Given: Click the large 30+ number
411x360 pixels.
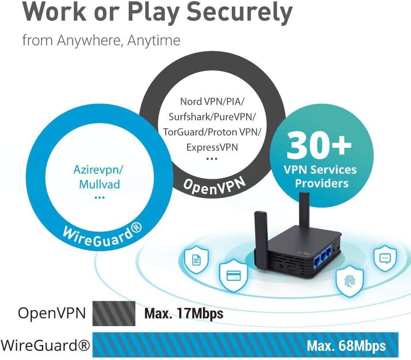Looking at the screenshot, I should pyautogui.click(x=319, y=145).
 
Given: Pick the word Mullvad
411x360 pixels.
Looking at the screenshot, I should pyautogui.click(x=99, y=184).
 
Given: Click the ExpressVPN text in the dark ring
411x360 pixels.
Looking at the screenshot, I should pyautogui.click(x=212, y=147).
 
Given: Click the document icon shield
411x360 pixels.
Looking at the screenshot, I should pyautogui.click(x=196, y=260).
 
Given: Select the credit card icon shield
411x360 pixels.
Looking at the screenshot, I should pyautogui.click(x=231, y=276).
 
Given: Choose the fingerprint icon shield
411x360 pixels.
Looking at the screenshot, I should pyautogui.click(x=350, y=280).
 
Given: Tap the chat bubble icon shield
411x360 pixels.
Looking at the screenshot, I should pyautogui.click(x=385, y=258).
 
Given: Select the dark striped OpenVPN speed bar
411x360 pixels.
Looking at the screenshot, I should pyautogui.click(x=114, y=313).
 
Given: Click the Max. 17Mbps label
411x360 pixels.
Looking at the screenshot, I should pyautogui.click(x=183, y=314).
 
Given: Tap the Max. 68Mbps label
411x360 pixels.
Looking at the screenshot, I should pyautogui.click(x=346, y=346).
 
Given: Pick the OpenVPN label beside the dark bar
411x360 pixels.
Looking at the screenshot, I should pyautogui.click(x=52, y=313).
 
